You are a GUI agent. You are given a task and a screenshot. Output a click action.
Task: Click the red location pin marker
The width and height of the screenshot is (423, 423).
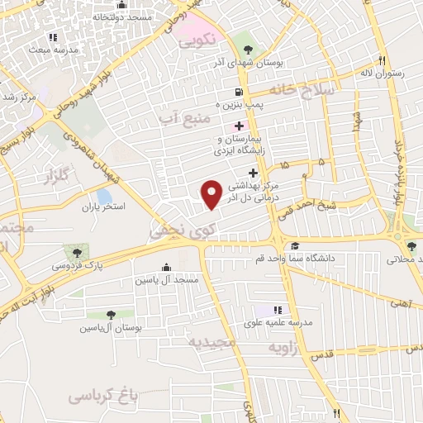click(x=212, y=192)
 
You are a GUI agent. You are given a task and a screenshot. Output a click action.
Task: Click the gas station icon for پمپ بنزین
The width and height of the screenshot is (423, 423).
click(x=239, y=92)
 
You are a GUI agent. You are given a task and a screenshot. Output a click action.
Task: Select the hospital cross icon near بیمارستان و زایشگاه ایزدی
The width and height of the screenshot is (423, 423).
click(x=240, y=126)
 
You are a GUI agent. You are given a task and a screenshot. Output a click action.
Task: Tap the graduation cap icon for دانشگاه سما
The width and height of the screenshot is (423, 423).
click(x=295, y=246)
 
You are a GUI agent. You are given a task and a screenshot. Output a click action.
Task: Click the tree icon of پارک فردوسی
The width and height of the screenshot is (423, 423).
click(x=77, y=251)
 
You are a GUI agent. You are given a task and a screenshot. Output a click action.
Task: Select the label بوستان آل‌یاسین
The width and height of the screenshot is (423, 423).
click(x=111, y=328)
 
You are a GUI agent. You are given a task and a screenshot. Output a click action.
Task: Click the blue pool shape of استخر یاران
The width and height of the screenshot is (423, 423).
click(x=104, y=197)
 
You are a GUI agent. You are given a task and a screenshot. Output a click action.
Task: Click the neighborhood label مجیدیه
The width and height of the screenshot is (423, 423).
click(x=211, y=341)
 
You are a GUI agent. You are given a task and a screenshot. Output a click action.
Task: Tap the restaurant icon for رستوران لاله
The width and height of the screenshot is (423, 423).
click(x=381, y=60)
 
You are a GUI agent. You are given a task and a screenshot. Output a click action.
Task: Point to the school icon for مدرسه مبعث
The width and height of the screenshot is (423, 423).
click(x=54, y=38)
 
